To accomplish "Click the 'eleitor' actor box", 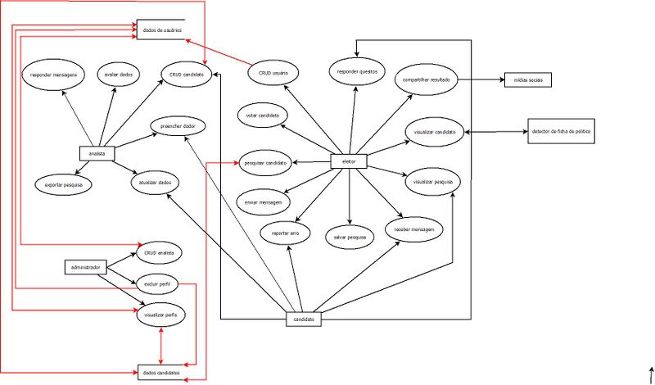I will point(348,162).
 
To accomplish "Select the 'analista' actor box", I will point(97,153).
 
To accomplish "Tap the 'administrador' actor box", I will point(86,267).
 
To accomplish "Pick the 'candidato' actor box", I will point(303,319).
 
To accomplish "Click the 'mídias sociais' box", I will point(530,80).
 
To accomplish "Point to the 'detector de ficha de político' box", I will point(561,131).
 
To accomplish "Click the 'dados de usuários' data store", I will point(161,30).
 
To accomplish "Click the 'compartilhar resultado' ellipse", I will point(425,80).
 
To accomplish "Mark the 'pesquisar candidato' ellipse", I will point(265,163).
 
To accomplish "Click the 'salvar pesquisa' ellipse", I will point(350,237).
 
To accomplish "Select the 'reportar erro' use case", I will point(286,233).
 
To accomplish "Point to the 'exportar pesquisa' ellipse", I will point(64,185).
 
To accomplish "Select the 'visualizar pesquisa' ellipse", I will point(433,181).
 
